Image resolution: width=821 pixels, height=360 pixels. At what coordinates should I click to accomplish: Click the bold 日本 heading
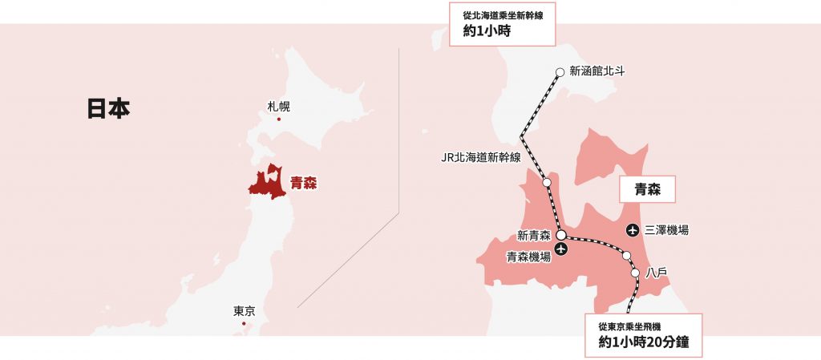pos(108,109)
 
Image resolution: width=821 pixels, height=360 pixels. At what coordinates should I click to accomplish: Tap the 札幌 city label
pos(279,107)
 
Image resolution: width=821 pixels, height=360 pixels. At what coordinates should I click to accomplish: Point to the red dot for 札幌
pos(279,119)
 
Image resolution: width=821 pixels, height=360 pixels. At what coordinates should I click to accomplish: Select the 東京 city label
pos(244,311)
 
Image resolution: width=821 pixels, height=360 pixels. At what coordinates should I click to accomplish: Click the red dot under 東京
pos(244,323)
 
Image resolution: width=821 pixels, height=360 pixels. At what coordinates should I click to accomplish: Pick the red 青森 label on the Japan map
pos(304,183)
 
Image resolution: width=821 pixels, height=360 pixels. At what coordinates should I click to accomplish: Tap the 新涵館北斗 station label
pos(597,71)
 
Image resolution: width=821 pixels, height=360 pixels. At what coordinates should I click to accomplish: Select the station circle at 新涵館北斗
pos(560,72)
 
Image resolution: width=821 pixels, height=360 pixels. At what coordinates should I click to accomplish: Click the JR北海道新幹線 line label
pos(481,157)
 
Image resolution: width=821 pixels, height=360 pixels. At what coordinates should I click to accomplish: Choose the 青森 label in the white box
pos(647,190)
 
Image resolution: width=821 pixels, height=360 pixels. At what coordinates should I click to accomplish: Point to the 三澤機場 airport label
pos(666,231)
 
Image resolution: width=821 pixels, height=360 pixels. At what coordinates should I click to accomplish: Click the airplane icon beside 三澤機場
pos(634,231)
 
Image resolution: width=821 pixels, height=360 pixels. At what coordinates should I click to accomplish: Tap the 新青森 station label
pos(534,236)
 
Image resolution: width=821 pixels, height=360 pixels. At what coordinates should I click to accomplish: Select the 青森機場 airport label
pos(528,257)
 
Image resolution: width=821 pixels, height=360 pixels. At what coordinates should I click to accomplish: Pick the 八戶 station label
pos(657,273)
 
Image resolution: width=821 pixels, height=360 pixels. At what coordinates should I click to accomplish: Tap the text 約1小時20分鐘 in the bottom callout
pos(645,342)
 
